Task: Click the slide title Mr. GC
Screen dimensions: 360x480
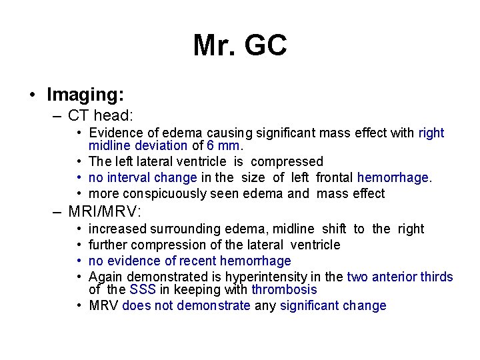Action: click(x=240, y=45)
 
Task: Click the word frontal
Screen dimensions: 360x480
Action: click(x=335, y=177)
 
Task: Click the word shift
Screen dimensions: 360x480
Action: click(x=334, y=229)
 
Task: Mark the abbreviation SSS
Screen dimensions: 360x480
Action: click(x=143, y=289)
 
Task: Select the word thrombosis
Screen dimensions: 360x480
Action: click(x=284, y=289)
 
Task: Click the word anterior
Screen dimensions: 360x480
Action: click(x=399, y=277)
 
